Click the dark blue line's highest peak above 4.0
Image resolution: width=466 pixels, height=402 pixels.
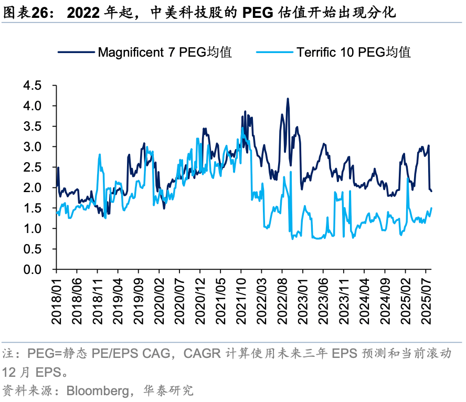288,99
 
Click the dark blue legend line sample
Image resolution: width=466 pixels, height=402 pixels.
76,52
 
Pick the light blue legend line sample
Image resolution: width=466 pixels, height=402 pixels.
274,52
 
